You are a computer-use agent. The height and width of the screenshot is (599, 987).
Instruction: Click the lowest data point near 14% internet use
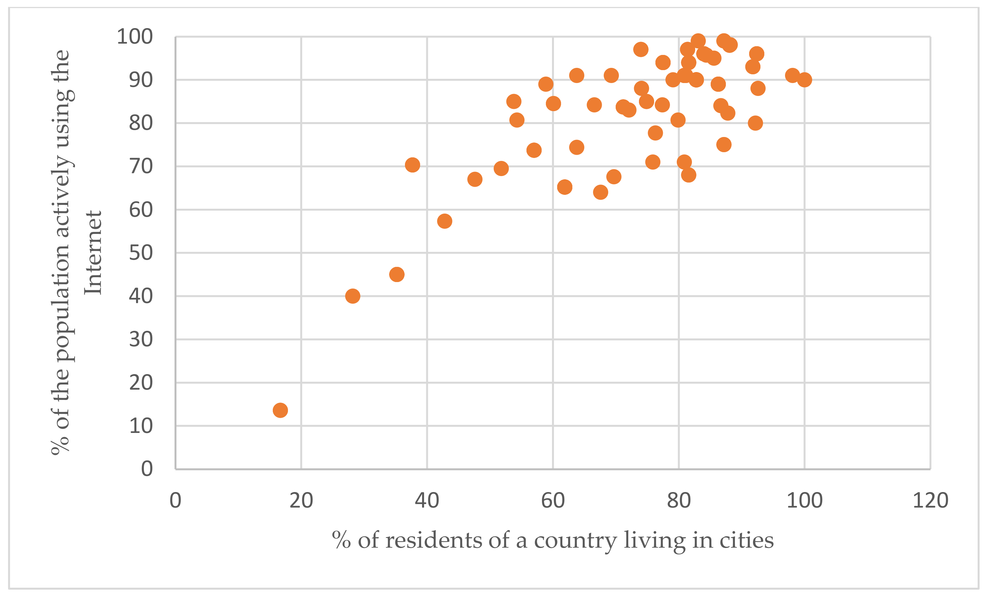pos(280,410)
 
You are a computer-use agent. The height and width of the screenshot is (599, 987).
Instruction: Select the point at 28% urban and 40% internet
pos(353,296)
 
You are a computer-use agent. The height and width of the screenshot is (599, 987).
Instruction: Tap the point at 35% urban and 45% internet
pos(397,274)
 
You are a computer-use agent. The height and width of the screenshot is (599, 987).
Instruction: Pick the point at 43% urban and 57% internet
pos(445,221)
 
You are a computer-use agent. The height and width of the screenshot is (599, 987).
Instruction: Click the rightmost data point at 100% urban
pos(804,80)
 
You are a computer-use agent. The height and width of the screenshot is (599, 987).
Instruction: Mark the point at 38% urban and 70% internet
pos(412,165)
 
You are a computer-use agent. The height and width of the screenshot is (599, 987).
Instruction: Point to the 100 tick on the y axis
pos(134,37)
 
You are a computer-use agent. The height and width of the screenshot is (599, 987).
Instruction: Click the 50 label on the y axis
pos(141,253)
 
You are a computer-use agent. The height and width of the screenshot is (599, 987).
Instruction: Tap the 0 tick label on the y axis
pos(147,469)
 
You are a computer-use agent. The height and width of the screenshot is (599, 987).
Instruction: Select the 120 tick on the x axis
pos(930,500)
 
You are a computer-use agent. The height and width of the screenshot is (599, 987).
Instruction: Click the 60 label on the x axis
pos(553,500)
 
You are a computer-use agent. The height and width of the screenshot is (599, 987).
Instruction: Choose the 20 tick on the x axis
pos(301,500)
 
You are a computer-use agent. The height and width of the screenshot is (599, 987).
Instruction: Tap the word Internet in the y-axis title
pos(93,253)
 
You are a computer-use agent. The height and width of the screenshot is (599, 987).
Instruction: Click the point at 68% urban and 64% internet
pos(600,192)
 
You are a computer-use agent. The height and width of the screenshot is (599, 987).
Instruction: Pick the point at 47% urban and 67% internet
pos(475,179)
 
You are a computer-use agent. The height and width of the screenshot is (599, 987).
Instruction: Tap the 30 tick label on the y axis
pos(141,340)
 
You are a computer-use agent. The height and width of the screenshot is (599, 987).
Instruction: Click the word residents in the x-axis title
pos(433,541)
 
